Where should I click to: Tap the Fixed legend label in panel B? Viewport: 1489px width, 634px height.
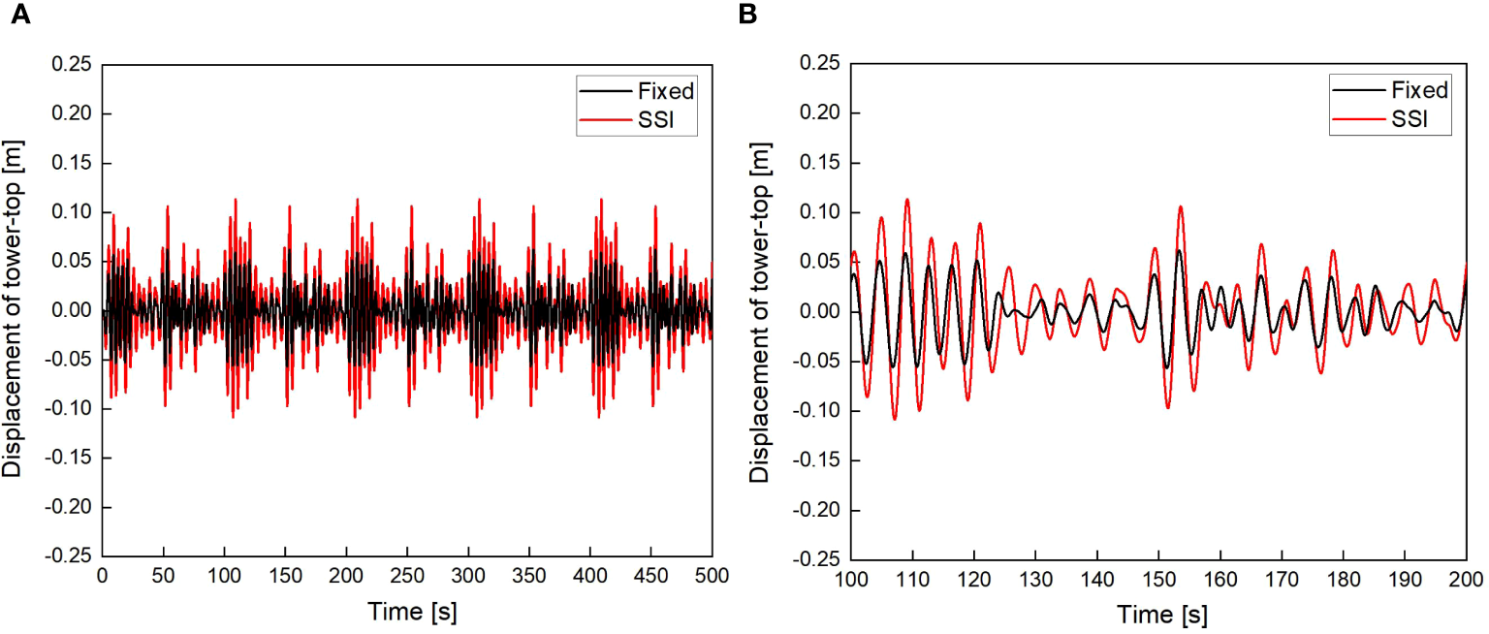1420,91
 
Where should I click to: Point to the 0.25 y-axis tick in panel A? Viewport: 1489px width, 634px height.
73,65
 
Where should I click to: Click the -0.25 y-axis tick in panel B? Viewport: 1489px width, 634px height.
817,559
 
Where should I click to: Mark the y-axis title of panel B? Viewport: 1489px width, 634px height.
762,312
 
